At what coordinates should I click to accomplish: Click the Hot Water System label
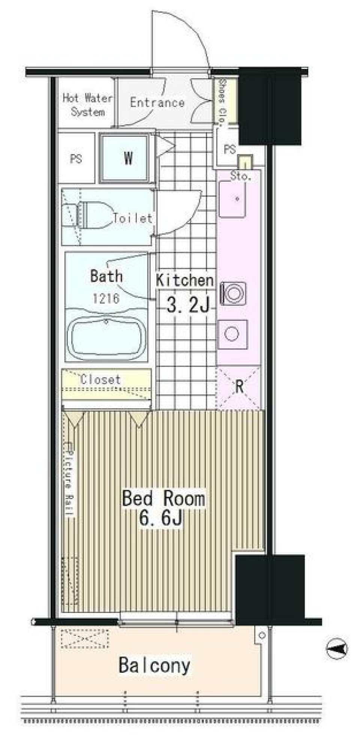click(87, 105)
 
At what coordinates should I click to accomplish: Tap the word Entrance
click(157, 102)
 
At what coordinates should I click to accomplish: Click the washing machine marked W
click(128, 158)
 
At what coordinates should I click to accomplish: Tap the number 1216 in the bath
click(106, 298)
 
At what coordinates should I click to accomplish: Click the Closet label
click(100, 379)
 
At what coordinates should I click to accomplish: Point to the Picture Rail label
click(69, 478)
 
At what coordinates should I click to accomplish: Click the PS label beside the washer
click(76, 159)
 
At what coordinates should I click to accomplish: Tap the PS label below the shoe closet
click(229, 150)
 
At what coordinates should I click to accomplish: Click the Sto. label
click(240, 176)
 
